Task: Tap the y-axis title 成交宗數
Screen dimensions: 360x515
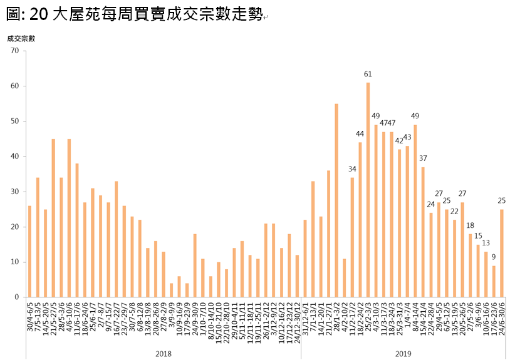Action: click(21, 38)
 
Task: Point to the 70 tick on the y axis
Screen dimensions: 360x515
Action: click(16, 51)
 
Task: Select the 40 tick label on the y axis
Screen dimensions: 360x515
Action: click(16, 157)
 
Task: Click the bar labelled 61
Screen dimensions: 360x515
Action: click(368, 190)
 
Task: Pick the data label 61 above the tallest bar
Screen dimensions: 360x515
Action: click(368, 75)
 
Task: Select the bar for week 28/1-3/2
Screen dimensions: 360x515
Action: click(336, 200)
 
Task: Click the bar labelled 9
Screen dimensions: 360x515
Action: click(494, 281)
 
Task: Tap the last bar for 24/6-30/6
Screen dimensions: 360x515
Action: click(502, 253)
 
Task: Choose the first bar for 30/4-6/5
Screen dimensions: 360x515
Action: click(29, 251)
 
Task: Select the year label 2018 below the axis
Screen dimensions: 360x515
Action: click(163, 354)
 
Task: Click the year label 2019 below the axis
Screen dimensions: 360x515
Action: click(403, 354)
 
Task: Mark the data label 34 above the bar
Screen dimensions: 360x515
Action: click(352, 170)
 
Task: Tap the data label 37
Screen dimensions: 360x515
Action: click(424, 159)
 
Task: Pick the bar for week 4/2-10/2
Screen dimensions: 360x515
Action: click(345, 278)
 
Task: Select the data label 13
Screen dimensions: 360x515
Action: click(486, 244)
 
